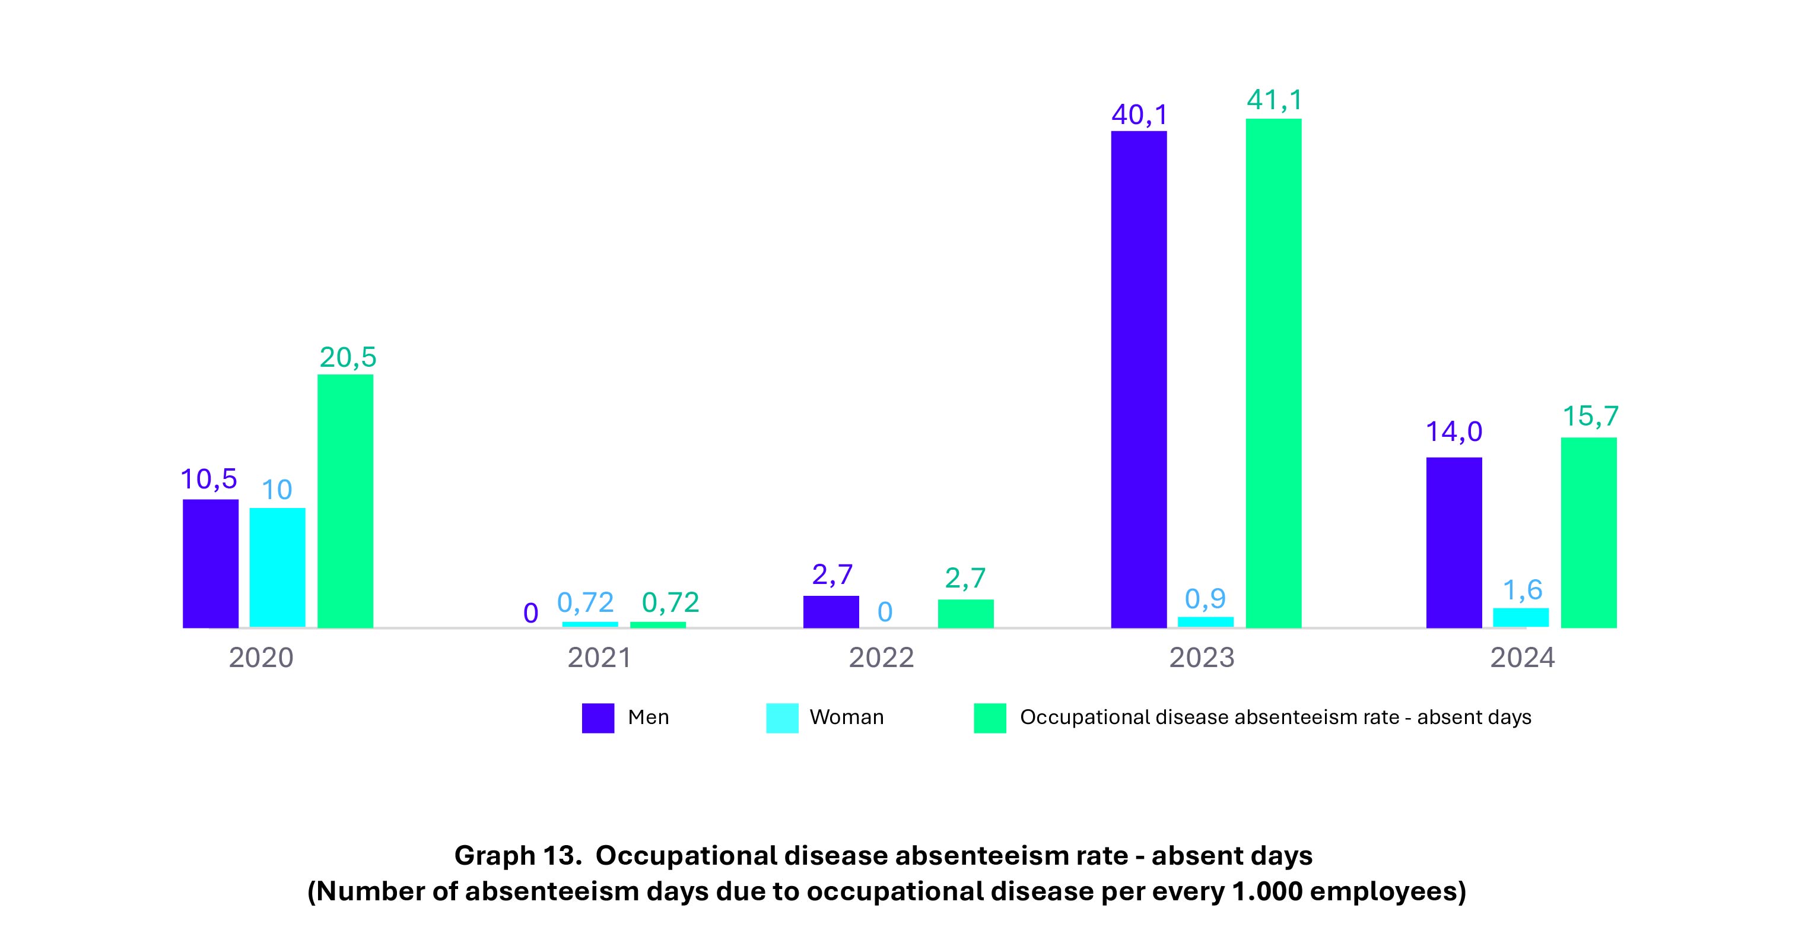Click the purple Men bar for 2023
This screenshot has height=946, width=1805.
[x=1139, y=379]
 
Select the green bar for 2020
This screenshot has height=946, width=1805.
[x=345, y=501]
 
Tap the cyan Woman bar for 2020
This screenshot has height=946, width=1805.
[x=278, y=567]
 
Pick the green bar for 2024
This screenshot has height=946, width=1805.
[x=1588, y=532]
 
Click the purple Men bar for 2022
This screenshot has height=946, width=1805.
[x=831, y=612]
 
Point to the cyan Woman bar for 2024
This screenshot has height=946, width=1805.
[x=1521, y=617]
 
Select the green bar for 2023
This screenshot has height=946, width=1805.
[x=1273, y=373]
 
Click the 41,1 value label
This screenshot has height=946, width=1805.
[x=1275, y=100]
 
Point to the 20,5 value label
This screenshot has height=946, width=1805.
[x=348, y=357]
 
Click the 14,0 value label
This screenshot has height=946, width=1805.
[x=1454, y=431]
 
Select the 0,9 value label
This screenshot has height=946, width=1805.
[x=1205, y=598]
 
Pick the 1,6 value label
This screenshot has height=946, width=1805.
[x=1523, y=590]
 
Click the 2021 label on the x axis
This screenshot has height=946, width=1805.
[x=599, y=658]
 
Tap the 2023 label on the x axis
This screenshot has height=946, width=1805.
[x=1202, y=658]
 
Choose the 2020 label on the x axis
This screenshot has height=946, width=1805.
[x=261, y=658]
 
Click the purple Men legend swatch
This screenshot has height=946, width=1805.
[x=598, y=718]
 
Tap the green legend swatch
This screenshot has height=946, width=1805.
[x=989, y=718]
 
